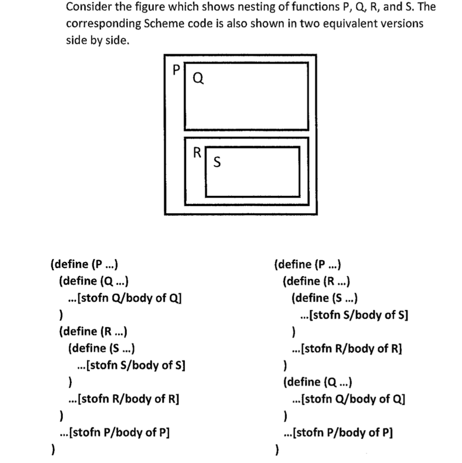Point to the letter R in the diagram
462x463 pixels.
click(197, 152)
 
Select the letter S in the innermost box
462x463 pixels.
click(217, 161)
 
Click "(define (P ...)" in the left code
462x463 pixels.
click(85, 264)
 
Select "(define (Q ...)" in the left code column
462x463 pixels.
click(94, 281)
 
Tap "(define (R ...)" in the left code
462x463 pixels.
click(93, 331)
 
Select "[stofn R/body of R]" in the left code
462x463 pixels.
click(128, 399)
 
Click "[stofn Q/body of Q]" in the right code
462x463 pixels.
click(353, 399)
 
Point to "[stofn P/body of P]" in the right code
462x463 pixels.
click(343, 433)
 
